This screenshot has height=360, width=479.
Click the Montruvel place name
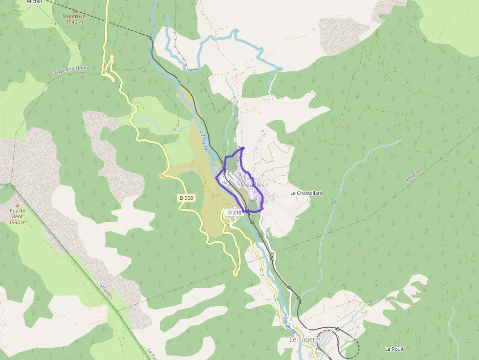click(x=75, y=16)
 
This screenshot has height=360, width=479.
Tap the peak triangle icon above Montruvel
click(x=75, y=10)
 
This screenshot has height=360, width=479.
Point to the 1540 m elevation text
click(x=75, y=22)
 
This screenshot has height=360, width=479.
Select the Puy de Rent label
click(x=18, y=213)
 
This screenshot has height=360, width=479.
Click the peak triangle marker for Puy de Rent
click(x=18, y=205)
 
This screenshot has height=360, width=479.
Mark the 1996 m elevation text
click(x=18, y=222)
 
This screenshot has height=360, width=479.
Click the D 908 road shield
click(x=186, y=197)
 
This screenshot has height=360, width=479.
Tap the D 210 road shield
click(x=235, y=212)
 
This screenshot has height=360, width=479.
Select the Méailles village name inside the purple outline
click(x=252, y=185)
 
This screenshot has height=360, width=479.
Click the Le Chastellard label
click(x=306, y=193)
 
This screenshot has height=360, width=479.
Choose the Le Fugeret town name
click(x=301, y=339)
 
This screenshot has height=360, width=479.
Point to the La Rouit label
click(x=394, y=349)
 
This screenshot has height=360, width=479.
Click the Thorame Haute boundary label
click(x=72, y=70)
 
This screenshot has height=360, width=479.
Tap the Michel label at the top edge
click(x=34, y=2)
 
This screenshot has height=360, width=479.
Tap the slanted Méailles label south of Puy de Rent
click(x=106, y=291)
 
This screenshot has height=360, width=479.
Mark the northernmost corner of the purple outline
click(x=243, y=147)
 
